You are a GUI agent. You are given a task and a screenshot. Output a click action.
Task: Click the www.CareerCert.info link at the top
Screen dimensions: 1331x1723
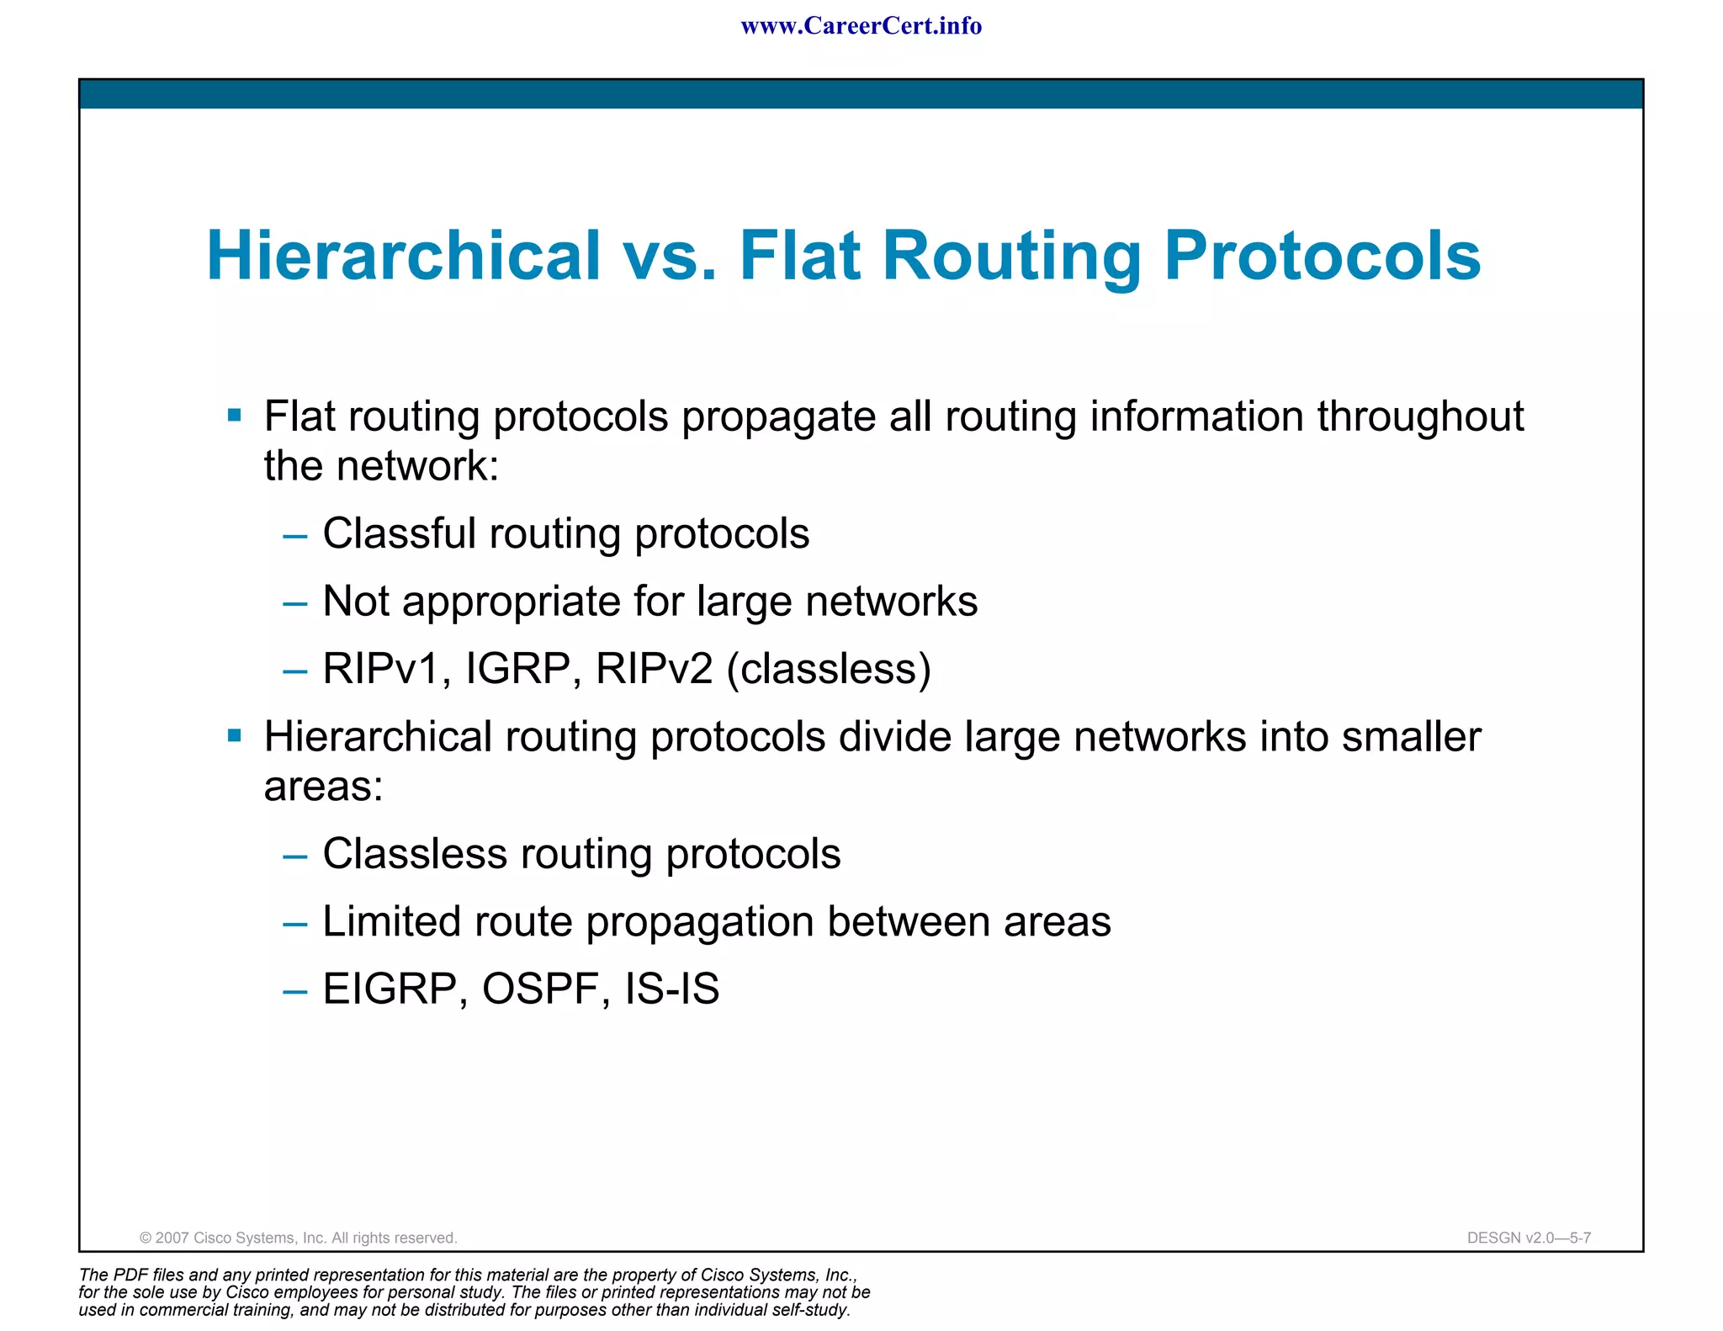click(861, 26)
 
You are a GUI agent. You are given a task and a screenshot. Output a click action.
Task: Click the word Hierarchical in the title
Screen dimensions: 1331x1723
click(404, 256)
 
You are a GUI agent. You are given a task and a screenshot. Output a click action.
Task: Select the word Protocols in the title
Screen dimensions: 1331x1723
click(1322, 256)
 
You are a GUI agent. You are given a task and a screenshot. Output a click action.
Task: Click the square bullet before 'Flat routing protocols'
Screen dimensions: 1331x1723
click(235, 415)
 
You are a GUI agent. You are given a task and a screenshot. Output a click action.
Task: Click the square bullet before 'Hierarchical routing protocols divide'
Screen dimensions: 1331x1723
click(235, 736)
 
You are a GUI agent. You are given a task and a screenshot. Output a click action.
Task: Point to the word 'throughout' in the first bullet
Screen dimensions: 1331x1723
click(1420, 416)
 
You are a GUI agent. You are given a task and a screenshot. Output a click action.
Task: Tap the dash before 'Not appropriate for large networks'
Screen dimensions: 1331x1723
click(295, 603)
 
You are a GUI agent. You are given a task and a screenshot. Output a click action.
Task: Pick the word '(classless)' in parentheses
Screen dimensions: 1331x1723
click(829, 669)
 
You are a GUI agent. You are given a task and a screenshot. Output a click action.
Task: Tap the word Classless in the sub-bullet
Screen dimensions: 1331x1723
click(415, 854)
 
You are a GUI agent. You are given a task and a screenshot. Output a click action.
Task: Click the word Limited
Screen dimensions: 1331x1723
click(391, 921)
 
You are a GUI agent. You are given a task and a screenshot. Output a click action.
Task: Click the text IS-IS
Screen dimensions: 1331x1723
click(671, 989)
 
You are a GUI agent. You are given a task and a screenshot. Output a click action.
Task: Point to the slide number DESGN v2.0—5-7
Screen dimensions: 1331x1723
click(1529, 1238)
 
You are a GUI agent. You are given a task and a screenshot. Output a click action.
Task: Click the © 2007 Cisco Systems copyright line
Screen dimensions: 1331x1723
click(298, 1238)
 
